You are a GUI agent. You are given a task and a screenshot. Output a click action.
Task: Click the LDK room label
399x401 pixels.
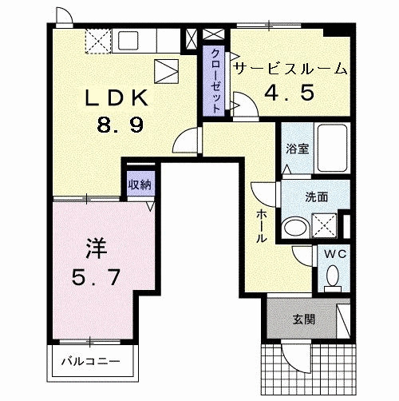click(x=117, y=97)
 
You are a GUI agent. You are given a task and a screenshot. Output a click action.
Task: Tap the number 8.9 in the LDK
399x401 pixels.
click(x=117, y=124)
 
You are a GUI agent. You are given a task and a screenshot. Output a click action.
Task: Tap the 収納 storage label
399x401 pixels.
click(x=140, y=184)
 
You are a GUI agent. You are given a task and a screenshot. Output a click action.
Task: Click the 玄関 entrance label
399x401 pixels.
click(x=303, y=319)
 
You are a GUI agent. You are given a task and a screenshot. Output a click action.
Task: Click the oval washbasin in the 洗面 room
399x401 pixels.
click(x=294, y=228)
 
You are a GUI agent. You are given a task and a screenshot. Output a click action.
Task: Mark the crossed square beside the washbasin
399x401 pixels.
click(x=322, y=227)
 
